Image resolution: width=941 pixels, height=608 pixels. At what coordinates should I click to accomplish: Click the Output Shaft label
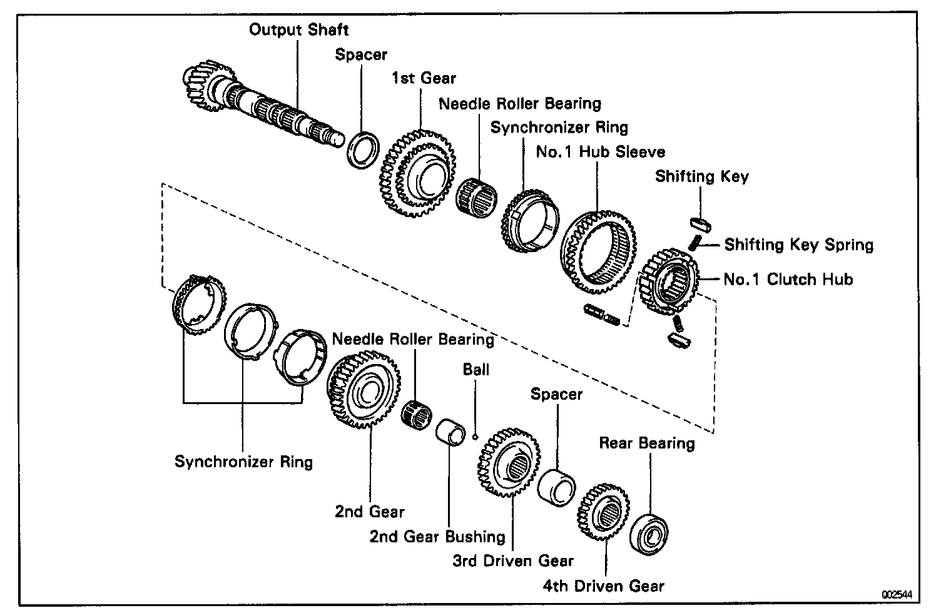298,29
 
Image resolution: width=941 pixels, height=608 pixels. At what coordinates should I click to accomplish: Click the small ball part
476,436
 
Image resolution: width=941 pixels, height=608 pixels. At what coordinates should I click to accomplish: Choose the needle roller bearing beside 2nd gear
415,413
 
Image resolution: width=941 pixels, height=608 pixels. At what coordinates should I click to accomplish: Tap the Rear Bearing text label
647,443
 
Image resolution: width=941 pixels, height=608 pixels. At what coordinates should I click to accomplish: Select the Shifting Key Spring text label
798,245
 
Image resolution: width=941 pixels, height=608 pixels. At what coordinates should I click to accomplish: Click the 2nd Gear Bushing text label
437,537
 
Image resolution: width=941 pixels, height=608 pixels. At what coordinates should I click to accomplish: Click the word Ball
476,369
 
